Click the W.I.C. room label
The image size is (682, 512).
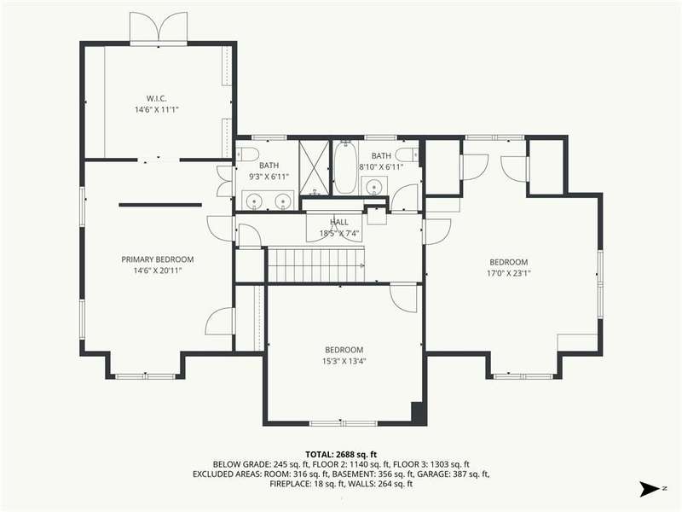(156, 98)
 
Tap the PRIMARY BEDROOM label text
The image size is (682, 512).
(158, 259)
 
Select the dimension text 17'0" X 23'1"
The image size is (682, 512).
(509, 273)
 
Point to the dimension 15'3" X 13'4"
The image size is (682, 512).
(344, 361)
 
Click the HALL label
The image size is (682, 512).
(338, 222)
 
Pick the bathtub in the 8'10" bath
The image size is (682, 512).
(344, 167)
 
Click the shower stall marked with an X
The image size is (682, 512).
(315, 167)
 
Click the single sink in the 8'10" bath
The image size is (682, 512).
(373, 187)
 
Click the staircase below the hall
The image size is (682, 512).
(315, 265)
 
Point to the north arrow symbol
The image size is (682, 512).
(650, 489)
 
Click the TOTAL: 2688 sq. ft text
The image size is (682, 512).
(341, 455)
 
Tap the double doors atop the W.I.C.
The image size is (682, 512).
(159, 27)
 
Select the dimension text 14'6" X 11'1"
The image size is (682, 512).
(157, 110)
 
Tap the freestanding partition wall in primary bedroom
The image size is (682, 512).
(160, 205)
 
